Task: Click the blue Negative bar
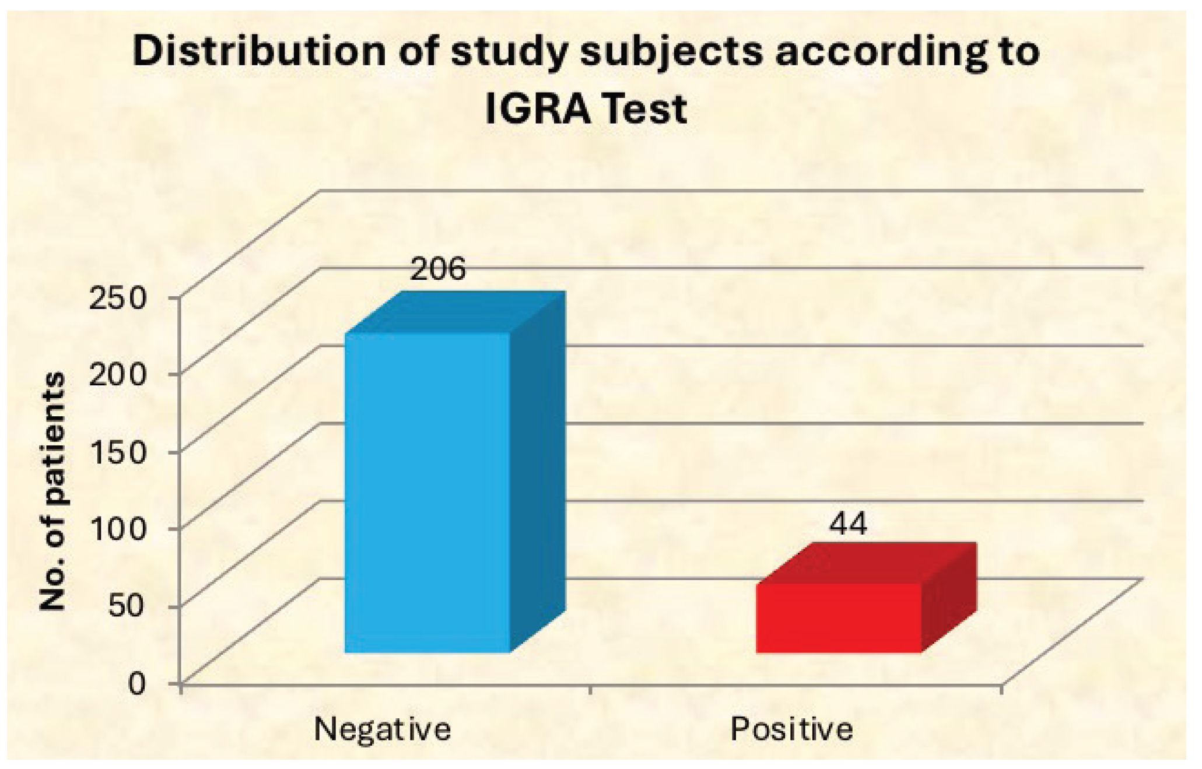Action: (427, 493)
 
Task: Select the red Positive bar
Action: (838, 618)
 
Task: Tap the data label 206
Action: (438, 269)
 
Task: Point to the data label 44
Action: (849, 523)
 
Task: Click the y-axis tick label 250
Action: (117, 299)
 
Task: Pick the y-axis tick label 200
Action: (117, 375)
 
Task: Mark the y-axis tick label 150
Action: (117, 452)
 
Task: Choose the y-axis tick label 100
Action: (117, 529)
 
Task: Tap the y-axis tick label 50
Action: (125, 606)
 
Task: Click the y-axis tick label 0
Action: (136, 683)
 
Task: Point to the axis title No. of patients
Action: (52, 491)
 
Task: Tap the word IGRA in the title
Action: (537, 109)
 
